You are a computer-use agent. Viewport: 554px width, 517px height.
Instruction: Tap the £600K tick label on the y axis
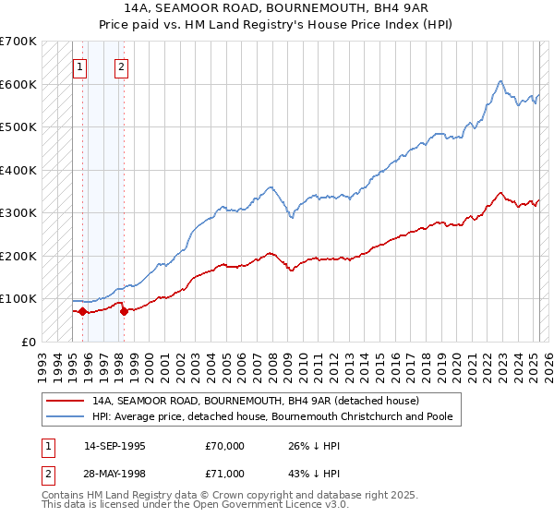(18, 84)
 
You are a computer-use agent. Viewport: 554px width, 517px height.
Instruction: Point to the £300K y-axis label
(18, 212)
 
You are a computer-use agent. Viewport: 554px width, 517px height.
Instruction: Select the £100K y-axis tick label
(18, 298)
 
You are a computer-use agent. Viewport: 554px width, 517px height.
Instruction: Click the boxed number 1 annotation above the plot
(80, 66)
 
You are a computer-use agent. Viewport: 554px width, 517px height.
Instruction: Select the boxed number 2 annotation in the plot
(122, 66)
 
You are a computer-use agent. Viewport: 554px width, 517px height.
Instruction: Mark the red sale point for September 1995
(82, 311)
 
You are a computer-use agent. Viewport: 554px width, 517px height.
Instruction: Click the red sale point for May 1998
(124, 311)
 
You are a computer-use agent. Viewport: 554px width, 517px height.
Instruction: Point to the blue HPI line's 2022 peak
(500, 81)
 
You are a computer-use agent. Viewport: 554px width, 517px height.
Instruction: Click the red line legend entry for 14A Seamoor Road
(256, 402)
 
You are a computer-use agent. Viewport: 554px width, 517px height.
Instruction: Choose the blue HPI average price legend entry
(271, 416)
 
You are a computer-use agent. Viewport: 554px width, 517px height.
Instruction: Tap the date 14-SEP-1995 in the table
(114, 446)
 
